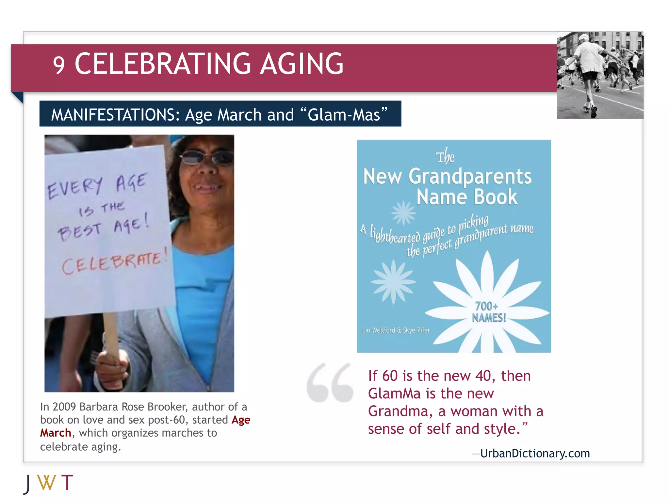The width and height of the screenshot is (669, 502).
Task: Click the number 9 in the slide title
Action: click(x=59, y=65)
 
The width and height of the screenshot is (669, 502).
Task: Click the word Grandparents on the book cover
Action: click(x=470, y=176)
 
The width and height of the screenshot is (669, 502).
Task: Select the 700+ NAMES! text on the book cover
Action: click(x=488, y=312)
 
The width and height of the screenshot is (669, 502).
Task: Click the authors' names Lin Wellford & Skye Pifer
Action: click(x=396, y=330)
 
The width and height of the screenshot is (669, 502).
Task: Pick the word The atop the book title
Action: click(x=445, y=157)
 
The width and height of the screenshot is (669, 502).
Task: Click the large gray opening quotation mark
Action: click(x=330, y=382)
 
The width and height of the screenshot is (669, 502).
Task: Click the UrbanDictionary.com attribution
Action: click(x=535, y=453)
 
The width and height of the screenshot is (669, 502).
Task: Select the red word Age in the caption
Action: click(x=241, y=420)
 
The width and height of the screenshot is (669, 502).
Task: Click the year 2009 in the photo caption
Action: click(x=64, y=407)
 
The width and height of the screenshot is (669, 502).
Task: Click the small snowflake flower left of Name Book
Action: click(x=403, y=213)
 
